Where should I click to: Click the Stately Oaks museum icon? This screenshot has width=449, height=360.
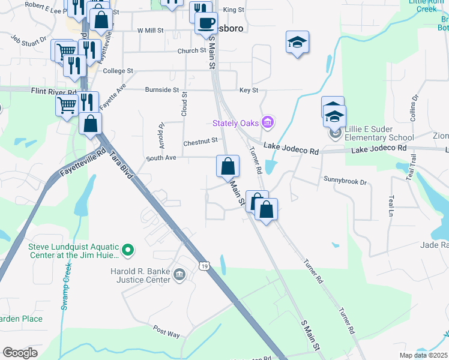pos(268,123)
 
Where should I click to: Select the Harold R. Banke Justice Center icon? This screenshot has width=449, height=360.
pos(179,275)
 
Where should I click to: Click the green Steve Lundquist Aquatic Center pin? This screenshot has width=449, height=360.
pos(127,250)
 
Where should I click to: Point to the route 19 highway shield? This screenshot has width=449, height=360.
pos(205,266)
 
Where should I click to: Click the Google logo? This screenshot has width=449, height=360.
pos(20,353)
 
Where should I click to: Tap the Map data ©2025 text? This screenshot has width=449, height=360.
pos(423,355)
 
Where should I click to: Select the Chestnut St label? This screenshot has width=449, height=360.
pos(200,142)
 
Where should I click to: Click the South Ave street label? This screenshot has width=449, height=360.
pos(161,158)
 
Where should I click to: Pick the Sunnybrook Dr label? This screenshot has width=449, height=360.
pos(345,180)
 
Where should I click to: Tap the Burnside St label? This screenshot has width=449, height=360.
pos(162,90)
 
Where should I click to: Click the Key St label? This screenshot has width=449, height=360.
pos(249,90)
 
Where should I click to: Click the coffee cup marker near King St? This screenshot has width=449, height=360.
pos(206,23)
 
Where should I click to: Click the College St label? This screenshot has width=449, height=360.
pos(118,71)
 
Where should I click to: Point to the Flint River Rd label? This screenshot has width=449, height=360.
pos(54,91)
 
